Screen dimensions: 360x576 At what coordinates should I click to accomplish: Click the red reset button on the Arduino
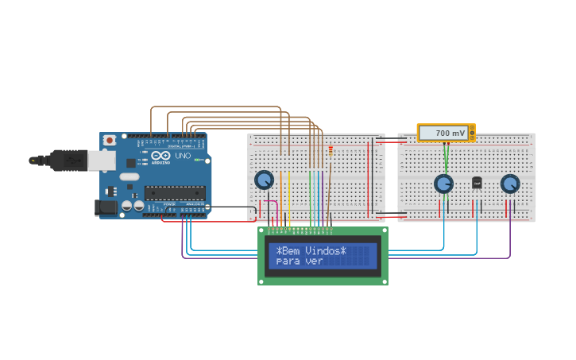(109, 141)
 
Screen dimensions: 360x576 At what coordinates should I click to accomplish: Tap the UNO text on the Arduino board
(183, 156)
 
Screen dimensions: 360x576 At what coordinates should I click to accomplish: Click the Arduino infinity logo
(160, 156)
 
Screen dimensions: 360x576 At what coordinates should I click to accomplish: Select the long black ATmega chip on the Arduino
(174, 192)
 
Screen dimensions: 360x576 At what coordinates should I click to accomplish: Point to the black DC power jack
(106, 207)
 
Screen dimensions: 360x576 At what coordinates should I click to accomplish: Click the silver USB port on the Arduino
(101, 161)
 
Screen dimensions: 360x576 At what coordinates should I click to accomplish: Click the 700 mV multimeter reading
(450, 133)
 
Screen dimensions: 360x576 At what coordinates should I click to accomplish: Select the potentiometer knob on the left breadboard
(264, 180)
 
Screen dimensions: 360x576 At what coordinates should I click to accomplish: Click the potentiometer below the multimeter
(443, 184)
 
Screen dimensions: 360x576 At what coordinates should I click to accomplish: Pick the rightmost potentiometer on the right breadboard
(510, 184)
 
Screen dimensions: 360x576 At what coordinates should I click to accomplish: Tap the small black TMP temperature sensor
(477, 183)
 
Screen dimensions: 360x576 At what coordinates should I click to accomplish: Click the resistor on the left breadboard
(331, 151)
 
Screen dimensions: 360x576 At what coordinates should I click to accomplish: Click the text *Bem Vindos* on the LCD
(311, 251)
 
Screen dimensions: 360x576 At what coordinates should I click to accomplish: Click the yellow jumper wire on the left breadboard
(290, 199)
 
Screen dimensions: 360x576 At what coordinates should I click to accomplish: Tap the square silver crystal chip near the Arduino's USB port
(130, 163)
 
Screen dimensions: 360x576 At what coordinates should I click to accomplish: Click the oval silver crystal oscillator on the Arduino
(130, 176)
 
